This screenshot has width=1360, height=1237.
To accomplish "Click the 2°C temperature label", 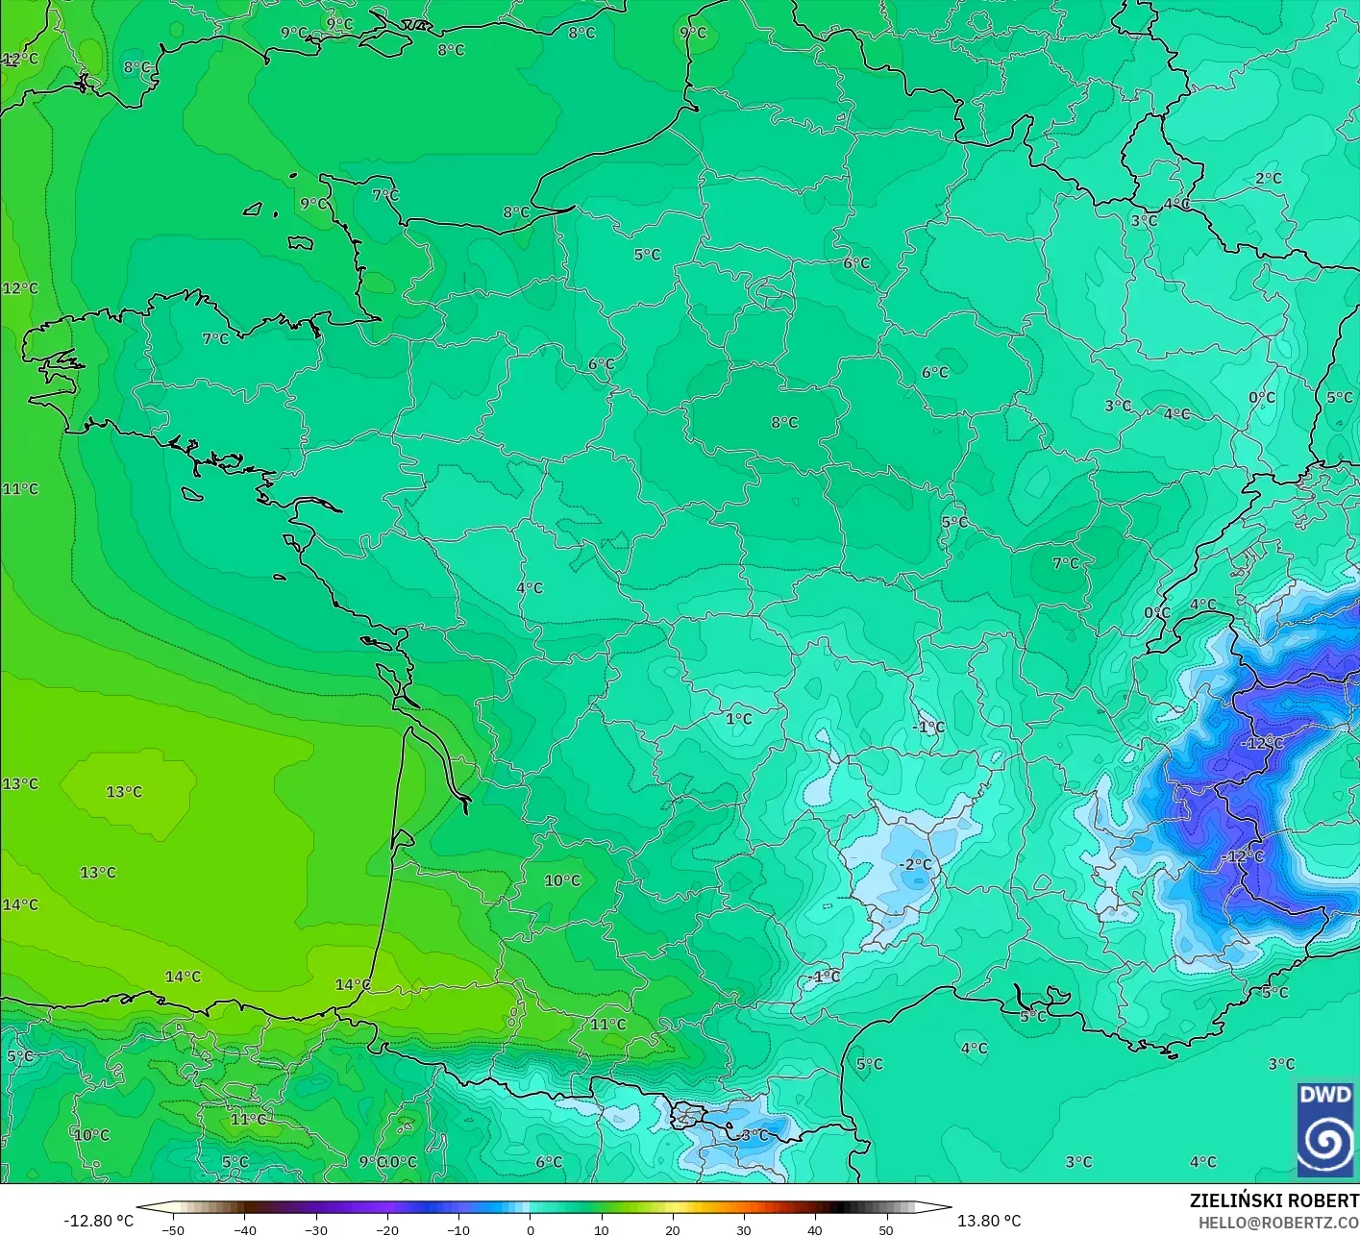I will point(1268,179).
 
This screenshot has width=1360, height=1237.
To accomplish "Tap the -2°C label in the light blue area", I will point(915,864).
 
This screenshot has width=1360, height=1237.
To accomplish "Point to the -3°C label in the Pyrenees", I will point(754,1134).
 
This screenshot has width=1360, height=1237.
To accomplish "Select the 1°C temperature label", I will point(738,719).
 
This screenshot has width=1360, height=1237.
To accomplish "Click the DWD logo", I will point(1324,1129).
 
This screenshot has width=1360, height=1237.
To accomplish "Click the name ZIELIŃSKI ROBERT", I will point(1273,1200).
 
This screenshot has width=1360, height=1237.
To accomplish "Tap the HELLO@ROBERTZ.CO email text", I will point(1278,1222).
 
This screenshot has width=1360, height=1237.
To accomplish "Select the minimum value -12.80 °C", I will point(99,1221).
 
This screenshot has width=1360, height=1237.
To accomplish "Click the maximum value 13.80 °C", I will point(989,1221).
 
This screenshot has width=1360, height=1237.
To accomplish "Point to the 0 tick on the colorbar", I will point(531,1229).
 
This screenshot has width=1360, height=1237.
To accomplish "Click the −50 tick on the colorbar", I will point(173,1229).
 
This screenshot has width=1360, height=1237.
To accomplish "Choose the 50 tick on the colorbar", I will point(886,1229).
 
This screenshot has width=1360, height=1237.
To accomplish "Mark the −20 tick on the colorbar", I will point(386,1229).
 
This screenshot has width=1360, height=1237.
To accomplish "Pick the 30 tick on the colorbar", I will point(744,1229).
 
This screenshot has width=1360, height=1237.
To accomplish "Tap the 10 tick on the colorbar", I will point(602,1229).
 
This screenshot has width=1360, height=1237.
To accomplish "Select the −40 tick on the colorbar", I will point(244,1229).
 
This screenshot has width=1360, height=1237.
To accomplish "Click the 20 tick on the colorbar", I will point(673,1229).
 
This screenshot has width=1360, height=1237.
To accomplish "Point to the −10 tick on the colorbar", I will point(457,1229).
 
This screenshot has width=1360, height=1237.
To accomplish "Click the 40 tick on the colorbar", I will point(815,1229).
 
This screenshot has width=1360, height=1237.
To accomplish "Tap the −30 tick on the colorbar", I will point(315,1229).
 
